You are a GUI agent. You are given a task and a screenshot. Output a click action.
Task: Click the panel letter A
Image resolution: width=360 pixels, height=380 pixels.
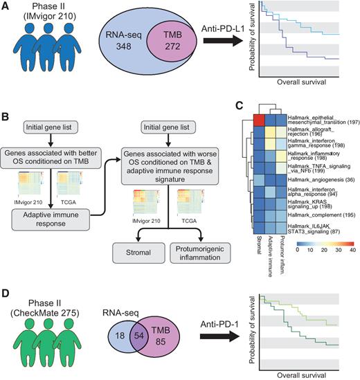(6, 8)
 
